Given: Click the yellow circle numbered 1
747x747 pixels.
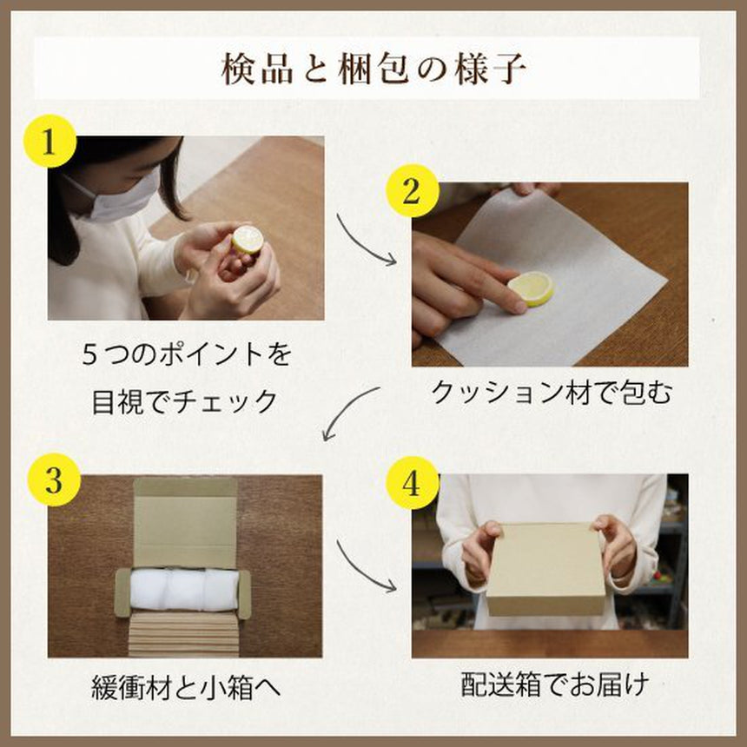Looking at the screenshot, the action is [50, 141].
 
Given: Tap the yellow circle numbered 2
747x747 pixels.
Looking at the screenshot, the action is [412, 190].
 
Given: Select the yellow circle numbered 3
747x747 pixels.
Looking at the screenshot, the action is [54, 479].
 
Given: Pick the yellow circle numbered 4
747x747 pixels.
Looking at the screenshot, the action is [412, 484].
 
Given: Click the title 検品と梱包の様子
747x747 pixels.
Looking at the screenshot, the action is [374, 69].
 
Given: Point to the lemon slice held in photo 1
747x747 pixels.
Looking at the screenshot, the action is [248, 240].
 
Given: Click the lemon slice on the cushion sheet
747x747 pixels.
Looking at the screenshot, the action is [531, 288].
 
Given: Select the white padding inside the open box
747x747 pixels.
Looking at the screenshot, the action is [184, 590].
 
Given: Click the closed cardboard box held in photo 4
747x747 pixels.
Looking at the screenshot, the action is [546, 569].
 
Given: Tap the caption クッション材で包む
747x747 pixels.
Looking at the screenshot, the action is [552, 393].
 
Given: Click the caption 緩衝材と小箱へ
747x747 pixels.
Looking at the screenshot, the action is [186, 687].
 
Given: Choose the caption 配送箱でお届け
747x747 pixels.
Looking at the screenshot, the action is [554, 684].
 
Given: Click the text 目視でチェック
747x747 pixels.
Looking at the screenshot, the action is [184, 401].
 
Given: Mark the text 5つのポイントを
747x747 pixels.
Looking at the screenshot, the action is [186, 355].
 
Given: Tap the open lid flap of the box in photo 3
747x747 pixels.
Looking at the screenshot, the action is [185, 523].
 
